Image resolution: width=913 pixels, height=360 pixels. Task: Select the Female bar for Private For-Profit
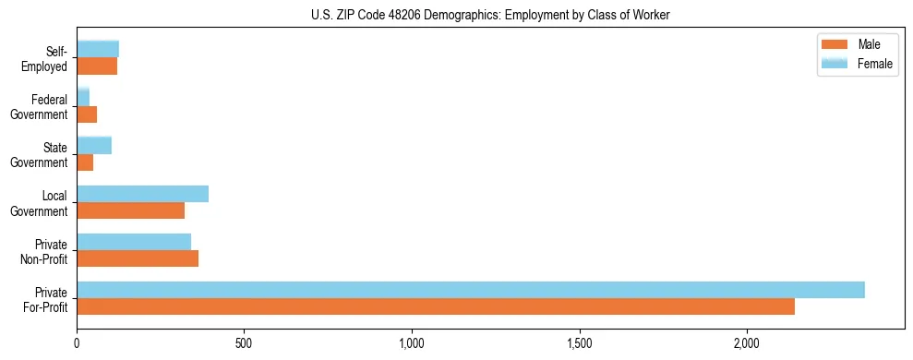tap(471, 290)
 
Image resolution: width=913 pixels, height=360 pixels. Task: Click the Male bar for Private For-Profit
tap(436, 306)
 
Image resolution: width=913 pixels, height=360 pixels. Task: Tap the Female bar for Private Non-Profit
tap(134, 242)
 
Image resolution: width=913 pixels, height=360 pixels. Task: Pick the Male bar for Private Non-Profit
tap(138, 258)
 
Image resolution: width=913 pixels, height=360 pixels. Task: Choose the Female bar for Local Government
tap(142, 194)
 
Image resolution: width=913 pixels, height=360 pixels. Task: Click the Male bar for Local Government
tap(130, 210)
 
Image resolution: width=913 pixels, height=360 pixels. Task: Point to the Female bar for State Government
tap(94, 145)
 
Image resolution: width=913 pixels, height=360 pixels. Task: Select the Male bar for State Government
tap(85, 162)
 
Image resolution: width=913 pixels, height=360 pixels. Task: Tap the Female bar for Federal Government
tap(83, 97)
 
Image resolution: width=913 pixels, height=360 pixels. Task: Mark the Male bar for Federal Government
tap(87, 114)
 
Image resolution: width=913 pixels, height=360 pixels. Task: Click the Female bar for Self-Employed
tap(98, 49)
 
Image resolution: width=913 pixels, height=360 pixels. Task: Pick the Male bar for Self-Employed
tap(97, 66)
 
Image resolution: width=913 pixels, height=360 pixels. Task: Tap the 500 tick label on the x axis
tap(245, 343)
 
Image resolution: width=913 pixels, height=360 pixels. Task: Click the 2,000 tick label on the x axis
tap(747, 343)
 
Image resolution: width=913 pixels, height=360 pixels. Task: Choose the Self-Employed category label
tap(48, 58)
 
